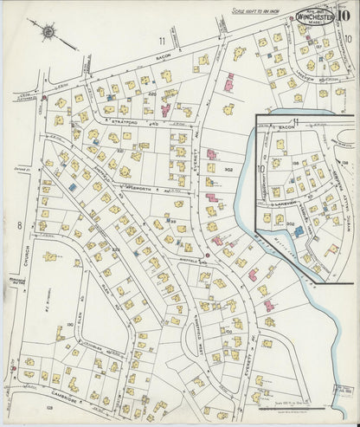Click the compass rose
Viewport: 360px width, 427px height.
(x=48, y=32)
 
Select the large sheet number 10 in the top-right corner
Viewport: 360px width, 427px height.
(x=344, y=11)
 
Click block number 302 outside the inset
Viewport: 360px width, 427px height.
(x=228, y=171)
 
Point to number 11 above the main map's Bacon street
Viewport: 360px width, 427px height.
(x=161, y=41)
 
